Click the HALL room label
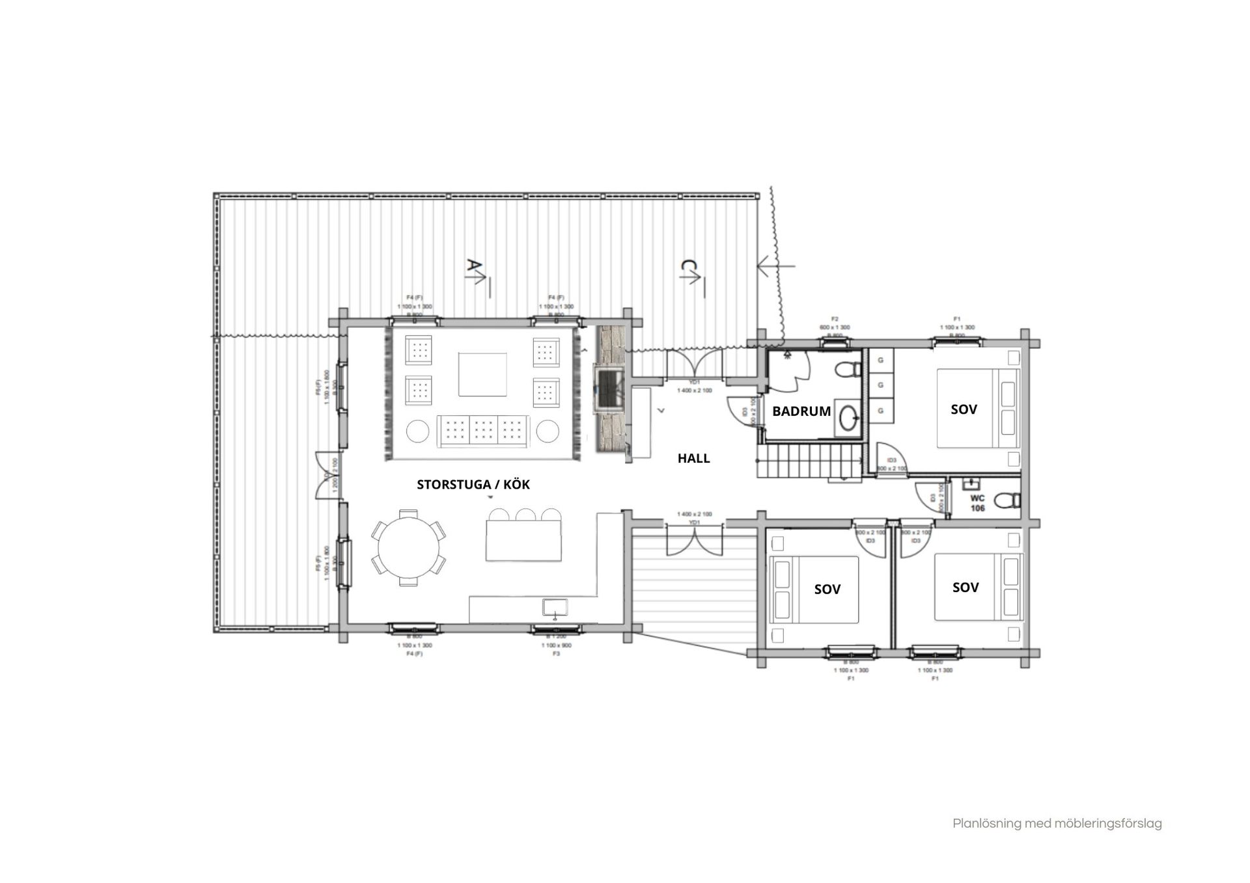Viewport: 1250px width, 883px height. [x=693, y=458]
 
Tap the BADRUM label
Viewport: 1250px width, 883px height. [x=801, y=411]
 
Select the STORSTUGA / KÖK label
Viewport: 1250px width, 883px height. [x=473, y=485]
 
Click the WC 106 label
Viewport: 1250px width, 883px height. [x=977, y=504]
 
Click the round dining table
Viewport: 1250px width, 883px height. [x=409, y=548]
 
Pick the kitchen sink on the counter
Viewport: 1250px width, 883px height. [x=555, y=608]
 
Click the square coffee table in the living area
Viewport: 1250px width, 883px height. [x=482, y=374]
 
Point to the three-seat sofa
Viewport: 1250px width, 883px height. [x=483, y=430]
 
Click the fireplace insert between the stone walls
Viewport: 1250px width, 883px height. [x=609, y=389]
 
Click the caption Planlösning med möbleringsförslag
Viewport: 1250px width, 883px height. [x=1057, y=824]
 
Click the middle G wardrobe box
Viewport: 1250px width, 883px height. [x=881, y=385]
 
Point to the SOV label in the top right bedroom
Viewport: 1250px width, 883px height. [x=964, y=409]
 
